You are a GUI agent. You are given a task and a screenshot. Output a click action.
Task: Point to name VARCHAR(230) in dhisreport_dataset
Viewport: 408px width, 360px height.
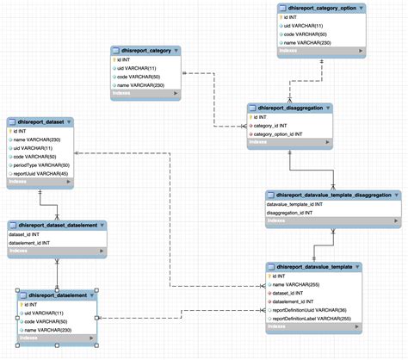coord(38,140)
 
